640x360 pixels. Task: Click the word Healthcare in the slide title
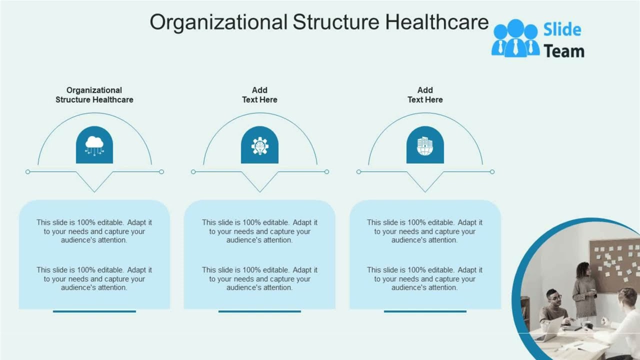437,22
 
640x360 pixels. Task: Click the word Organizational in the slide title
218,22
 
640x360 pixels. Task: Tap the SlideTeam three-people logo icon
515,38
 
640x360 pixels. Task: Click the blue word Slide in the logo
562,30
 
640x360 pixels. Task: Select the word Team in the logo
563,51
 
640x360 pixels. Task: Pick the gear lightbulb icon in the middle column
259,145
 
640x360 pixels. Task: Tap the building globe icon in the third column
425,145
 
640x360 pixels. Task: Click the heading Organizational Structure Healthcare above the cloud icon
94,95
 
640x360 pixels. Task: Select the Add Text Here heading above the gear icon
259,95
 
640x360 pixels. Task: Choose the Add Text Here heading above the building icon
425,95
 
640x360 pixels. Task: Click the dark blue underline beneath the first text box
94,311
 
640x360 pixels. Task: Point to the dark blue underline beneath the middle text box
259,311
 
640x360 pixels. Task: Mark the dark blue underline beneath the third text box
425,311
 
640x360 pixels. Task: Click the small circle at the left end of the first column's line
28,172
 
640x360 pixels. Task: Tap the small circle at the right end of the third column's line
492,172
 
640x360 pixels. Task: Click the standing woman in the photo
584,290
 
